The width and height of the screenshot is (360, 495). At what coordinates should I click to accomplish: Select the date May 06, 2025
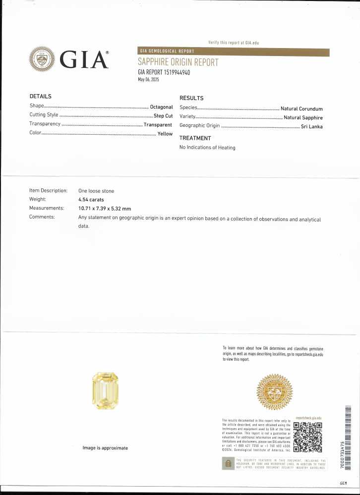pos(148,79)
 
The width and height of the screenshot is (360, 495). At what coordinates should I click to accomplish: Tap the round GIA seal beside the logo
pos(43,59)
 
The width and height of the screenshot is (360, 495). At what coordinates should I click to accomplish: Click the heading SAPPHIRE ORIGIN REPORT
pos(178,62)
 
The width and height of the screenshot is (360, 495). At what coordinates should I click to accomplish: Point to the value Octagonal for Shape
pos(161,107)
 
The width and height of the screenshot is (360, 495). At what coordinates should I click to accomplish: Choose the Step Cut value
pos(163,115)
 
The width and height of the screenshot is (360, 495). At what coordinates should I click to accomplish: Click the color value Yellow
pos(165,134)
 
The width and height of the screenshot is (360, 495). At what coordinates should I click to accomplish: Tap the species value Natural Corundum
pos(301,109)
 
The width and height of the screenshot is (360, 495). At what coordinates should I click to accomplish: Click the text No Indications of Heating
pos(207,148)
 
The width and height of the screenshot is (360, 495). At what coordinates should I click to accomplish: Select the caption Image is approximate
pos(105,448)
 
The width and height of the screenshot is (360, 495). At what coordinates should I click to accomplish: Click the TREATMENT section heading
pos(195,138)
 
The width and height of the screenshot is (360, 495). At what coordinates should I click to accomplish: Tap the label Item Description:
pos(48,191)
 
